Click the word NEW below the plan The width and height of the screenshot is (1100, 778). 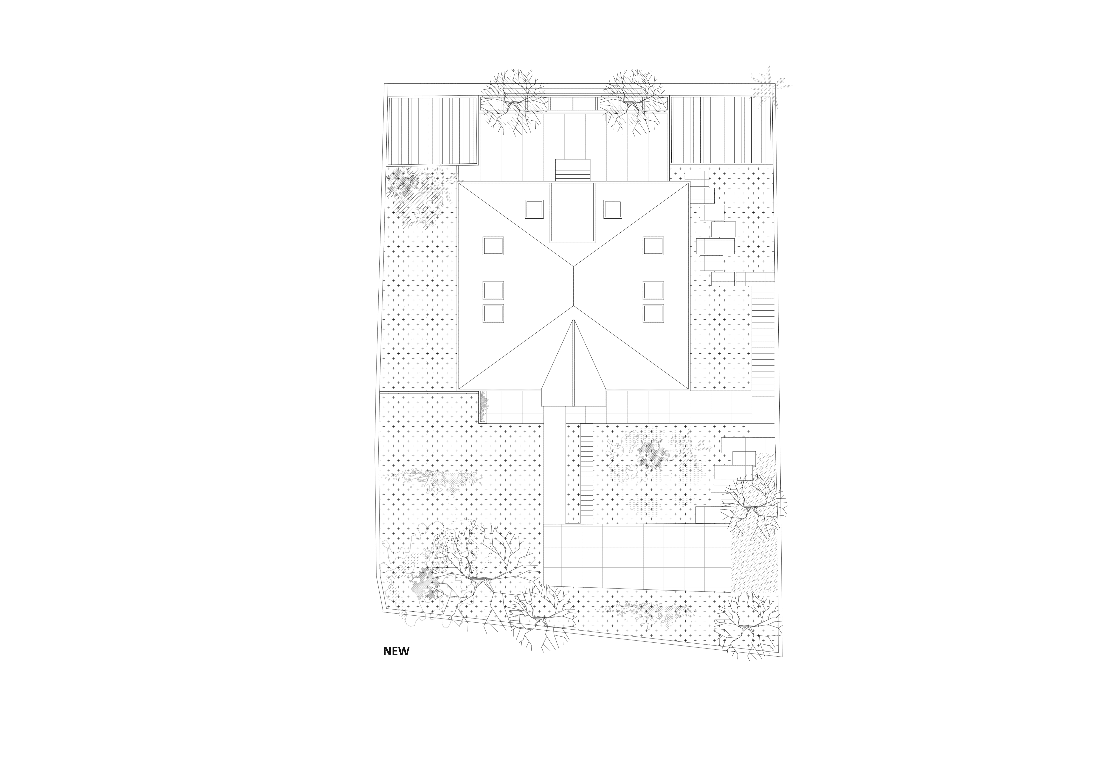pyautogui.click(x=396, y=651)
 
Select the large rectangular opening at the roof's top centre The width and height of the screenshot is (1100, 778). pyautogui.click(x=573, y=212)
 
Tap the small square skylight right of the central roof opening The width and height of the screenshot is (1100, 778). pyautogui.click(x=613, y=209)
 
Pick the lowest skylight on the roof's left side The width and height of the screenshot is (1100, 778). pyautogui.click(x=493, y=313)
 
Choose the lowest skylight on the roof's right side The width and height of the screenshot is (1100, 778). pyautogui.click(x=653, y=313)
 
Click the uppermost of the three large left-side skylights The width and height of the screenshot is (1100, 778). pyautogui.click(x=493, y=246)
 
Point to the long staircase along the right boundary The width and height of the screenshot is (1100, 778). pyautogui.click(x=763, y=355)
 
